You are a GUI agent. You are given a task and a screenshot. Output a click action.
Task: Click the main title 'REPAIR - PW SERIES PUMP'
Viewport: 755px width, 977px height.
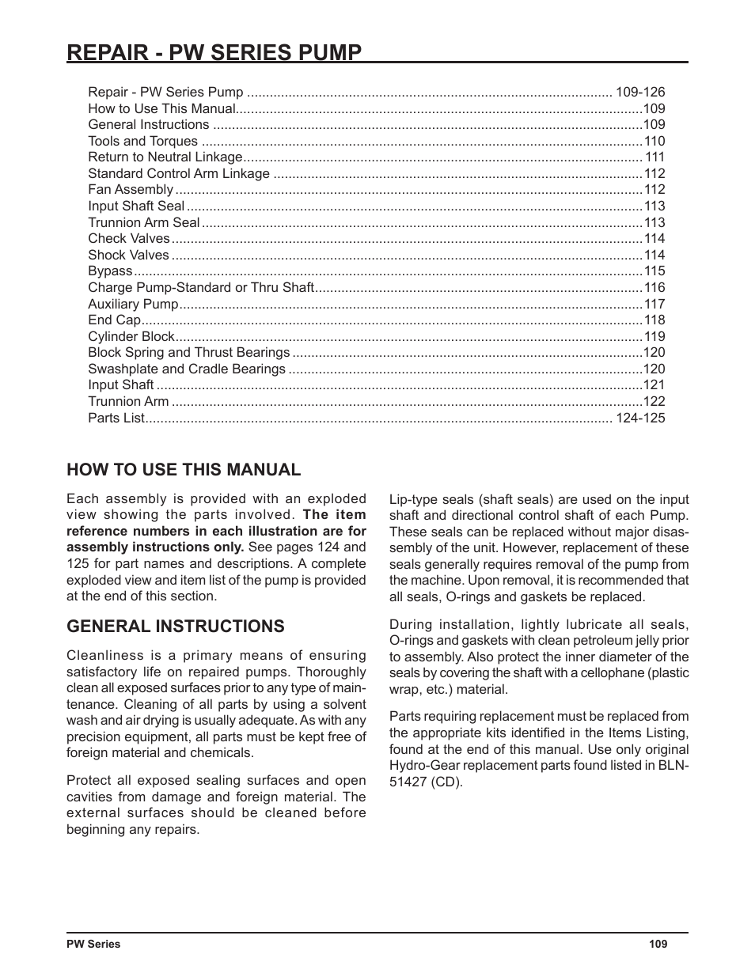click(214, 52)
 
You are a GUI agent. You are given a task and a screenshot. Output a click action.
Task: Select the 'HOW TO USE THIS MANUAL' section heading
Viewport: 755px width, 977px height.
click(184, 470)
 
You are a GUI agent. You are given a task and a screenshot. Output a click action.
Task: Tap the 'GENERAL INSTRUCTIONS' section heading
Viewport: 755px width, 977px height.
click(175, 627)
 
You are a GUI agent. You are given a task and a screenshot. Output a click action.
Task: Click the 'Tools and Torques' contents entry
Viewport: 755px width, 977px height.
click(142, 142)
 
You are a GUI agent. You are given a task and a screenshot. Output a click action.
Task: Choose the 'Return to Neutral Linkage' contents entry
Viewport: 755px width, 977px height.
click(165, 157)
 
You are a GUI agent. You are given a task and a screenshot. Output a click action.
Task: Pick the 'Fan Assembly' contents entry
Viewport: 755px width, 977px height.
click(130, 190)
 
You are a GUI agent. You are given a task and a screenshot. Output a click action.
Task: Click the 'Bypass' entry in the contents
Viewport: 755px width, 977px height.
click(110, 271)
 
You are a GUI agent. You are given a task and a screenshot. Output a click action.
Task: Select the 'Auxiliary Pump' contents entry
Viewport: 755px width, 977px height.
click(133, 304)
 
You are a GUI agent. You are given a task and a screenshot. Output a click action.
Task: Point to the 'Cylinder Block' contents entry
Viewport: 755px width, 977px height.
click(131, 336)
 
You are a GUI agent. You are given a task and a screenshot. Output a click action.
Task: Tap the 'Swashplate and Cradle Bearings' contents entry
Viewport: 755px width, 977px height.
click(186, 369)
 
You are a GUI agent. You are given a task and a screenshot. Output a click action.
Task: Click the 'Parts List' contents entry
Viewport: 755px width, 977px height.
click(116, 418)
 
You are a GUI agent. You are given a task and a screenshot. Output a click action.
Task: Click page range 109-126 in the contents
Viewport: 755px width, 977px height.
click(640, 93)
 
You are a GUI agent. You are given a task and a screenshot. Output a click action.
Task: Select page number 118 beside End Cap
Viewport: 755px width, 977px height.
click(654, 320)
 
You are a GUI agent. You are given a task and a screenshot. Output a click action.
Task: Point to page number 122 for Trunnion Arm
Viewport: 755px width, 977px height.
click(654, 402)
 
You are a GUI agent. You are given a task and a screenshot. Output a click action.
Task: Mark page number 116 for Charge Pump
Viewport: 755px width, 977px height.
click(654, 288)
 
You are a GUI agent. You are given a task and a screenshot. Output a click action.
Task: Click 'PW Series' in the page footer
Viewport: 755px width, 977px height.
click(93, 944)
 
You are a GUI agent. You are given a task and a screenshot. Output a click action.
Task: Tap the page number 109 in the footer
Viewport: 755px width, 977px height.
click(658, 944)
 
